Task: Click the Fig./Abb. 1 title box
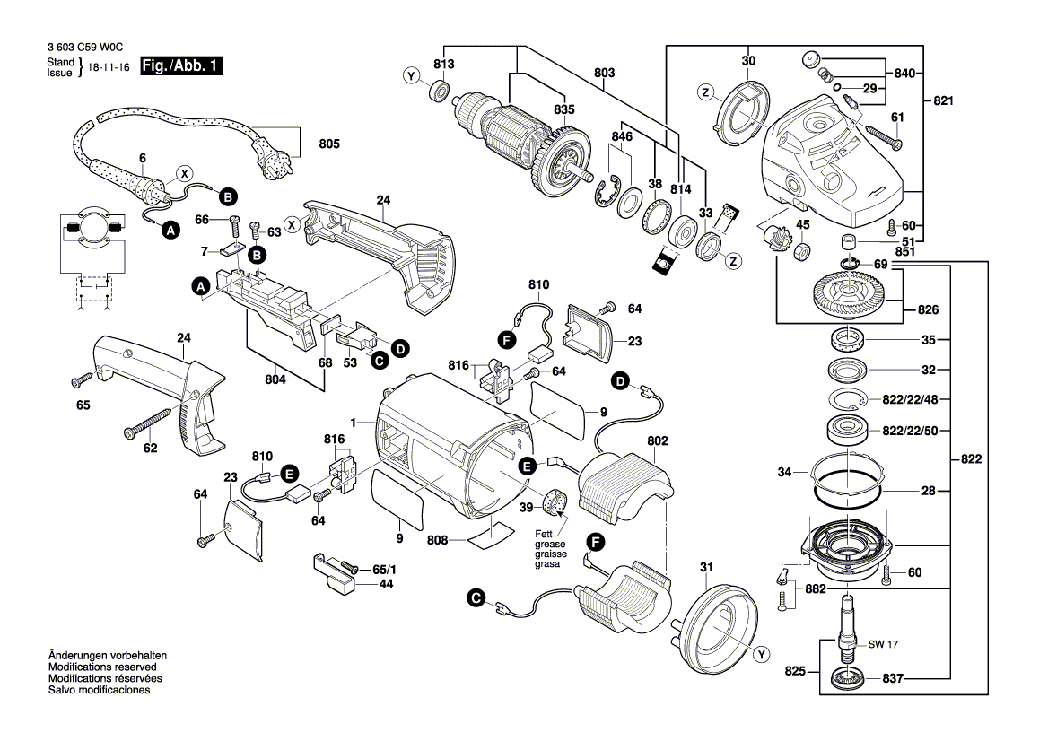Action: point(180,65)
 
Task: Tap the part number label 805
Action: point(328,144)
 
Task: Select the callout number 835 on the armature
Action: point(563,109)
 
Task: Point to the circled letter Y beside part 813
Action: point(412,76)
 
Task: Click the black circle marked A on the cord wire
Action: point(171,231)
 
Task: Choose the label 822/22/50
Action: point(910,431)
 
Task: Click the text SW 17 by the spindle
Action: point(883,645)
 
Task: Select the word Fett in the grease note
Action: point(544,534)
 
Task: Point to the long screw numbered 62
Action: point(148,423)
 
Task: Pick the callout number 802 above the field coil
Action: point(658,441)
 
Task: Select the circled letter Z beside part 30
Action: point(706,92)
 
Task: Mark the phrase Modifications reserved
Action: point(102,667)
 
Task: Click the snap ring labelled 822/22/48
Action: point(849,400)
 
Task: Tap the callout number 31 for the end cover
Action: point(706,567)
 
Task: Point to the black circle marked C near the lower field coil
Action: point(476,598)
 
